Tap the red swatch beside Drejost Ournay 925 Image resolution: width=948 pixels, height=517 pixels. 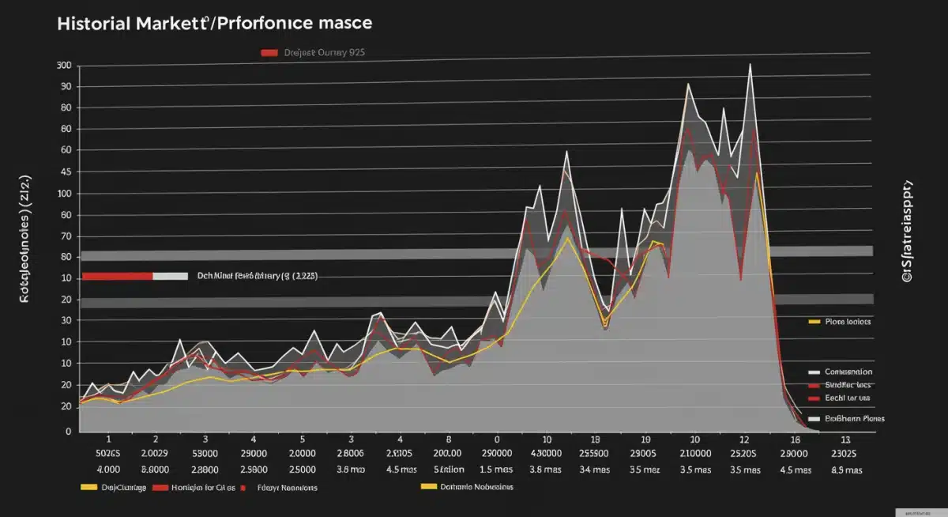pyautogui.click(x=269, y=53)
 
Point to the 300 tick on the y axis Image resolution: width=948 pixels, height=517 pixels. pyautogui.click(x=63, y=66)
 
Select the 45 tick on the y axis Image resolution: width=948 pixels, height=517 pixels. pyautogui.click(x=65, y=172)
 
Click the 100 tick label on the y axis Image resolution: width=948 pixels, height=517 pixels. pyautogui.click(x=63, y=194)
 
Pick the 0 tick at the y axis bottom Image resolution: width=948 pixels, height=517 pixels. pyautogui.click(x=68, y=432)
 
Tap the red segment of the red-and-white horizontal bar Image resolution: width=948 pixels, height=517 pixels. pyautogui.click(x=116, y=277)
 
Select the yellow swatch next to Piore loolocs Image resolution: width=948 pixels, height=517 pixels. pyautogui.click(x=815, y=323)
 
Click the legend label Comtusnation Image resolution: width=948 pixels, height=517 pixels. pyautogui.click(x=848, y=371)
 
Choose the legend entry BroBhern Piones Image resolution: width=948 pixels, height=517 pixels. pyautogui.click(x=854, y=418)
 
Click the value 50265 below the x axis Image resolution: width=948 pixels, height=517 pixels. pyautogui.click(x=107, y=455)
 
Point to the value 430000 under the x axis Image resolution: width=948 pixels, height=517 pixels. pyautogui.click(x=546, y=455)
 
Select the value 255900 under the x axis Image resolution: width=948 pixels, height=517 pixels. pyautogui.click(x=594, y=455)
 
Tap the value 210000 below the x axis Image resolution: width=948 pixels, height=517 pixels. pyautogui.click(x=694, y=455)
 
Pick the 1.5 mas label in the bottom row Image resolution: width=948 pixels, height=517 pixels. pyautogui.click(x=497, y=470)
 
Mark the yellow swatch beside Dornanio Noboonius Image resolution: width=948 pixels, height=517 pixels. pyautogui.click(x=429, y=487)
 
